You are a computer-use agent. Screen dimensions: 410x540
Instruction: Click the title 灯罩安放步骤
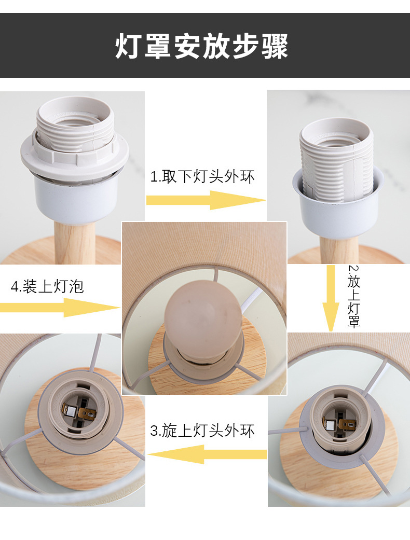point(201,46)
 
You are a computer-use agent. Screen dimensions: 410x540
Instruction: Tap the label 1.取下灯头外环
point(202,177)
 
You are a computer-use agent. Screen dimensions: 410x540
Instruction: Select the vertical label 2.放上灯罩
point(354,297)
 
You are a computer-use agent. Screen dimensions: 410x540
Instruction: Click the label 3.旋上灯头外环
point(202,431)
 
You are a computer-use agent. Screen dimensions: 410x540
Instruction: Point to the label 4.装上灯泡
point(47,286)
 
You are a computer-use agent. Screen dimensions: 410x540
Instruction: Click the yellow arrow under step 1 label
point(206,200)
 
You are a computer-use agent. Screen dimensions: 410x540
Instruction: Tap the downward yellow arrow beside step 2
point(331,298)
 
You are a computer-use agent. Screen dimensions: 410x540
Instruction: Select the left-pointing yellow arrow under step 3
point(207,454)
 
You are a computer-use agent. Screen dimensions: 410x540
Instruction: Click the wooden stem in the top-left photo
point(75,242)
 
